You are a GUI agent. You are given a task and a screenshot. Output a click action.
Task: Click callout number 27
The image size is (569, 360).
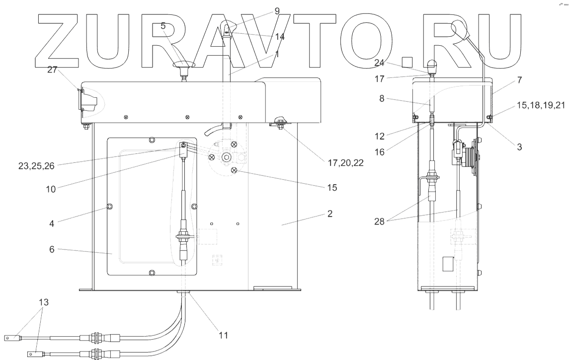tap(52, 70)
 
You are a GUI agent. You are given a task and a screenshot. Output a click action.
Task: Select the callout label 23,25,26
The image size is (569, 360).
tap(36, 166)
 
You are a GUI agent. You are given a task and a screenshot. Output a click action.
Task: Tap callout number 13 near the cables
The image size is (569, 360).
tap(44, 302)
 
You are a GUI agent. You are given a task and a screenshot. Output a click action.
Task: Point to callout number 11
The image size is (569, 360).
tap(223, 335)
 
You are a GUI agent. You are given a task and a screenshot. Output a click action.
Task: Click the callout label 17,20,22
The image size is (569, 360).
tap(345, 163)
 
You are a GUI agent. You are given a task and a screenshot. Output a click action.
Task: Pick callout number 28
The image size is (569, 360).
tap(379, 221)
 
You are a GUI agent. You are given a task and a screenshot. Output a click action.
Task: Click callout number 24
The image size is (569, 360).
tap(379, 63)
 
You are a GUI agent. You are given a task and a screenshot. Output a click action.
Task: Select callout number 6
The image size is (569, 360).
tap(52, 249)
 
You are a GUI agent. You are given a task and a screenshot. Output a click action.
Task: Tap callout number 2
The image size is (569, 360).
tap(329, 214)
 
